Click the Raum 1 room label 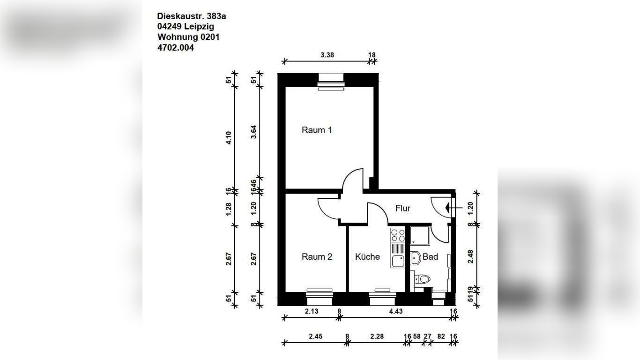pyautogui.click(x=317, y=130)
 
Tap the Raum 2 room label pyautogui.click(x=317, y=257)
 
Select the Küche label pyautogui.click(x=367, y=257)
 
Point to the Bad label pyautogui.click(x=430, y=257)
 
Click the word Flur pyautogui.click(x=403, y=208)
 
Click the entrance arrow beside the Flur pyautogui.click(x=454, y=208)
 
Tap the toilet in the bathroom pyautogui.click(x=422, y=279)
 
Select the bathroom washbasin pyautogui.click(x=416, y=258)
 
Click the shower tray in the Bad pyautogui.click(x=420, y=235)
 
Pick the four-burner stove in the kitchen pyautogui.click(x=398, y=235)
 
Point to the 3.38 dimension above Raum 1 pyautogui.click(x=327, y=55)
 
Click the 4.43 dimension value pyautogui.click(x=396, y=311)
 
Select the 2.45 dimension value pyautogui.click(x=315, y=336)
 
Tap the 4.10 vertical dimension pyautogui.click(x=229, y=137)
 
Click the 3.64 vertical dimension pyautogui.click(x=253, y=132)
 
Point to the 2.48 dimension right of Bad pyautogui.click(x=470, y=256)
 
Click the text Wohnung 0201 pyautogui.click(x=188, y=37)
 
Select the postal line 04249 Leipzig pyautogui.click(x=186, y=27)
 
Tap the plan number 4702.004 pyautogui.click(x=175, y=48)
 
